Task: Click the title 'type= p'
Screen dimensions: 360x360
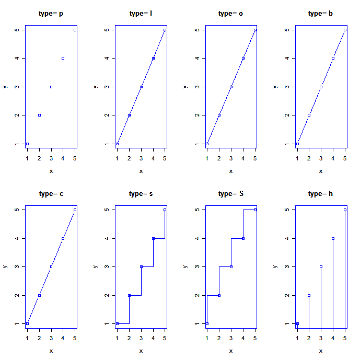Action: (x=51, y=14)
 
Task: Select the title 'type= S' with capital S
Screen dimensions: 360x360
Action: (x=231, y=194)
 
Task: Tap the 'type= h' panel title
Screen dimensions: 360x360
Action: (x=321, y=194)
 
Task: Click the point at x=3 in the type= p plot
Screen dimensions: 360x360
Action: (x=51, y=87)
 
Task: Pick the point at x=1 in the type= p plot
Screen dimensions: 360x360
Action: (x=27, y=144)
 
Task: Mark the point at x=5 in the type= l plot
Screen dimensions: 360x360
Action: (x=165, y=30)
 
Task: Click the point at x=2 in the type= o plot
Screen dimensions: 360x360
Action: (x=219, y=115)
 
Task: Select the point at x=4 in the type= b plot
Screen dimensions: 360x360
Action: (x=333, y=58)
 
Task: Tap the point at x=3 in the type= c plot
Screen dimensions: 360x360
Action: (x=51, y=266)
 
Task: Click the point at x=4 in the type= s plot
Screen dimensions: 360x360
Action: (x=153, y=238)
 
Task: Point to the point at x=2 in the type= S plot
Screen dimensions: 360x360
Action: (x=219, y=295)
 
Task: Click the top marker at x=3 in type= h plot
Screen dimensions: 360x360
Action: (x=321, y=266)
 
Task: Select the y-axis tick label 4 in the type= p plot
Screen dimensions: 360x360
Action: (x=18, y=58)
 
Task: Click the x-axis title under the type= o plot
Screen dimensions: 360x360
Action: (x=231, y=171)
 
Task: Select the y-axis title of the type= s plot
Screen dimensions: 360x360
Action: (x=95, y=266)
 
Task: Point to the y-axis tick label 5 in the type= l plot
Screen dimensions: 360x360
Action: (x=108, y=30)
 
